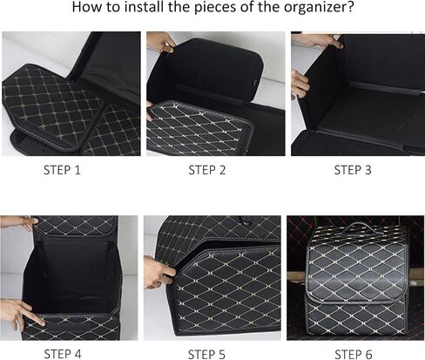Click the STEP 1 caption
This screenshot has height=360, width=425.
tap(62, 170)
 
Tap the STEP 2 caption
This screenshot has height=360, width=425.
tap(207, 170)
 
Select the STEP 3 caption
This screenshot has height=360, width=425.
tap(353, 170)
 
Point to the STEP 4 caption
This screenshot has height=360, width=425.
tap(63, 354)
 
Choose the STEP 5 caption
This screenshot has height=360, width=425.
tap(206, 354)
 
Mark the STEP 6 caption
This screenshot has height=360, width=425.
tap(354, 354)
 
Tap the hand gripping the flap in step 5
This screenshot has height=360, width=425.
tap(159, 273)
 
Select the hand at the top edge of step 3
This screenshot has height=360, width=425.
tap(320, 42)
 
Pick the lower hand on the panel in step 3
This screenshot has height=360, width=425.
tap(300, 85)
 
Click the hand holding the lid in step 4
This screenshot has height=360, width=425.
tap(19, 222)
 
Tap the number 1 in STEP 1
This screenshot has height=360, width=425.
tap(78, 170)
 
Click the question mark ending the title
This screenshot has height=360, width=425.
tap(350, 6)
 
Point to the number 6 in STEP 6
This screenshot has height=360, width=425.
tap(368, 354)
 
